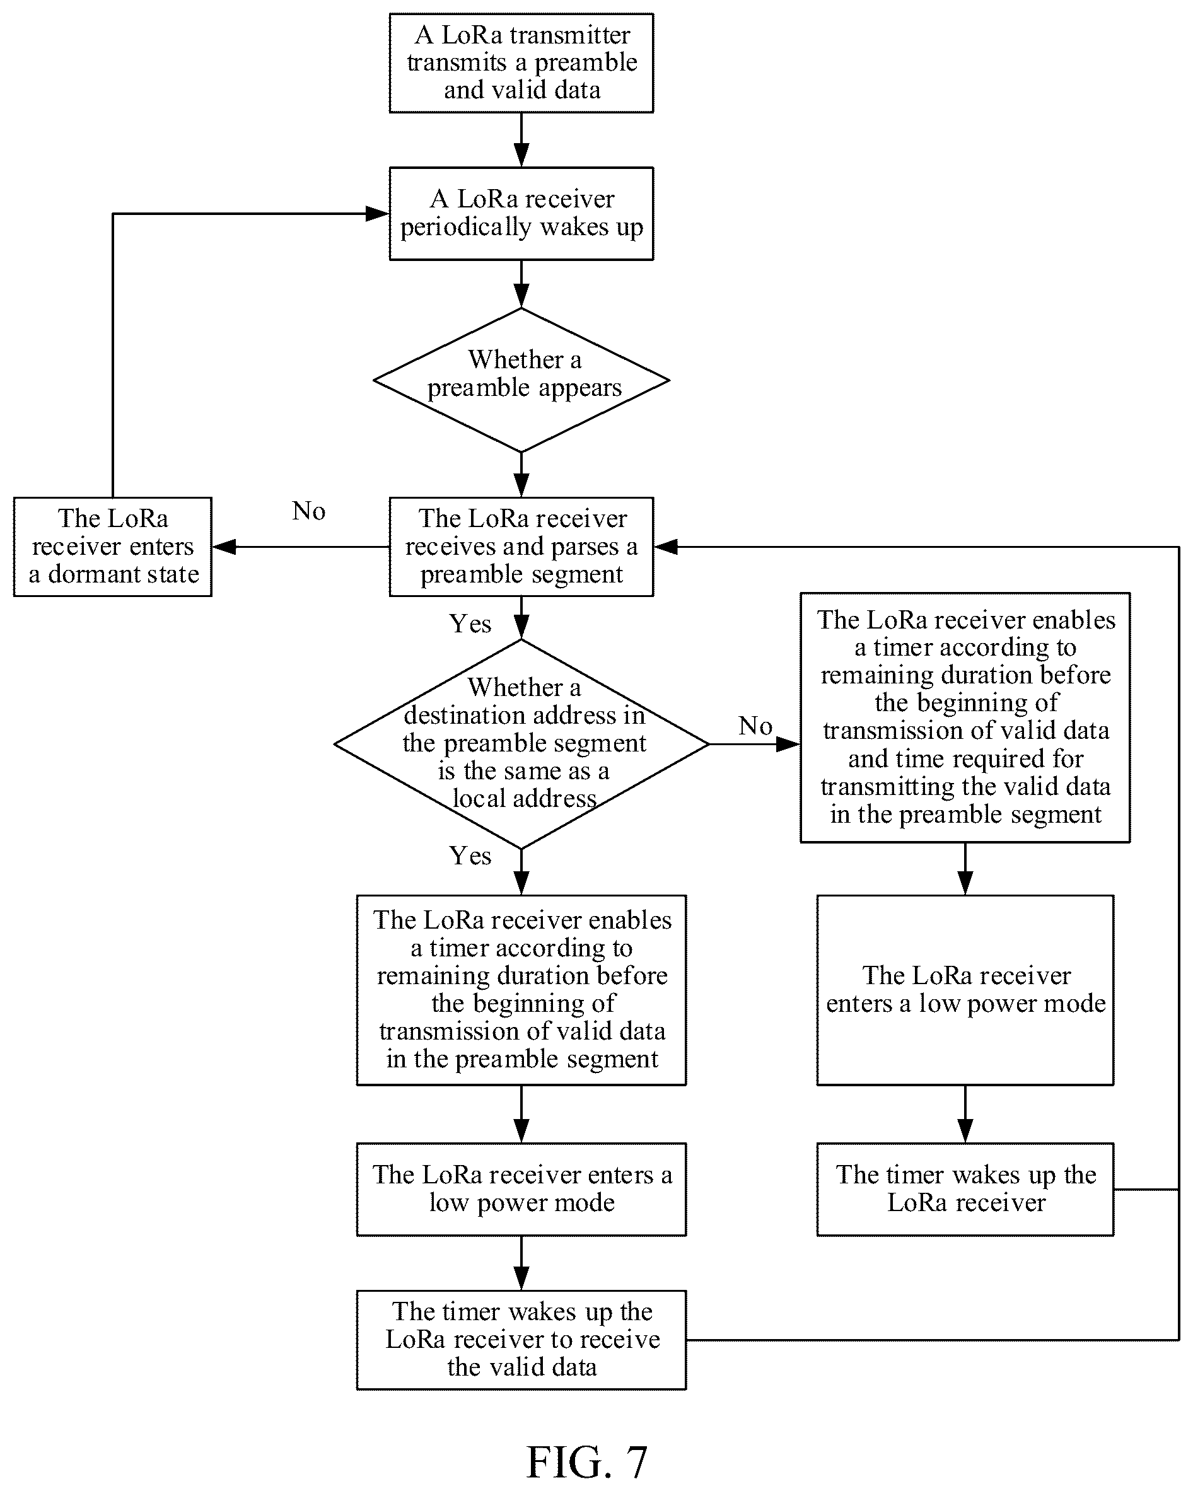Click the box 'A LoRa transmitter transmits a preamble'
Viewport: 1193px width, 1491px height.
(521, 63)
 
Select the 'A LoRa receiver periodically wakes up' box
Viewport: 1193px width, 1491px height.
(521, 214)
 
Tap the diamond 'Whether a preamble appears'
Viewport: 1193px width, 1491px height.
(521, 380)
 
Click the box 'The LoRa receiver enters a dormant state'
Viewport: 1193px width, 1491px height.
(113, 547)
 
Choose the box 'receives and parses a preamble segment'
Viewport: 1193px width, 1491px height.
(521, 547)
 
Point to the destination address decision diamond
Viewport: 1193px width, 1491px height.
(521, 744)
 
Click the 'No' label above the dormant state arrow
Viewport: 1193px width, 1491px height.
(308, 511)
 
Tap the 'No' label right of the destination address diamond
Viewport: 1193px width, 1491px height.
(755, 726)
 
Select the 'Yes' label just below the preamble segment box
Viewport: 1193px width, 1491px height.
(470, 624)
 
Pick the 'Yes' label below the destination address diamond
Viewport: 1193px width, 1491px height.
(470, 856)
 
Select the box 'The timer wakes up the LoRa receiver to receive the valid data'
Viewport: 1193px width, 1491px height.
(521, 1340)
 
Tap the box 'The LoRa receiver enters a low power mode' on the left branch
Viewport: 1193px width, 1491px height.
(521, 1190)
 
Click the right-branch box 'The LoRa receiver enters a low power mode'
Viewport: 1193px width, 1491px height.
(965, 990)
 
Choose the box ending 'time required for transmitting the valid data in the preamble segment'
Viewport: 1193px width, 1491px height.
(965, 717)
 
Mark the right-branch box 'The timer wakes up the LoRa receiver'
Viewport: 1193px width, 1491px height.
(965, 1190)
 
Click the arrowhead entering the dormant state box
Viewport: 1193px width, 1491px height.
(224, 547)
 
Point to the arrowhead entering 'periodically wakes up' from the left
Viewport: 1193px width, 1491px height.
(377, 214)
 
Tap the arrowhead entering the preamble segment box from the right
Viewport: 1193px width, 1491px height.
(665, 547)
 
